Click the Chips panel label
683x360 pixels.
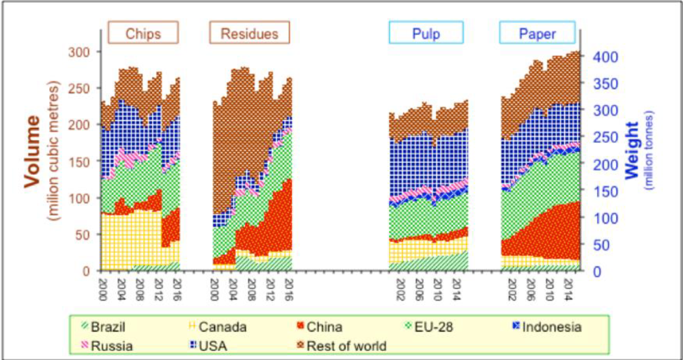[143, 33]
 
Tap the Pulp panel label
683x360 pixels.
[426, 33]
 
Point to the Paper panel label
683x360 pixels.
[537, 33]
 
